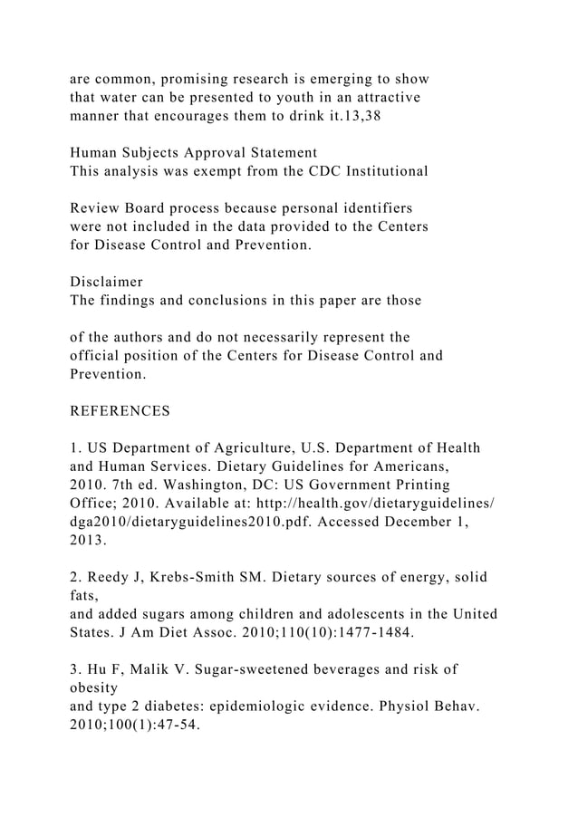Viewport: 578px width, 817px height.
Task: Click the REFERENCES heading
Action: [120, 411]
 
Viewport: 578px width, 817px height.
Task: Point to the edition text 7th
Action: [122, 485]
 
